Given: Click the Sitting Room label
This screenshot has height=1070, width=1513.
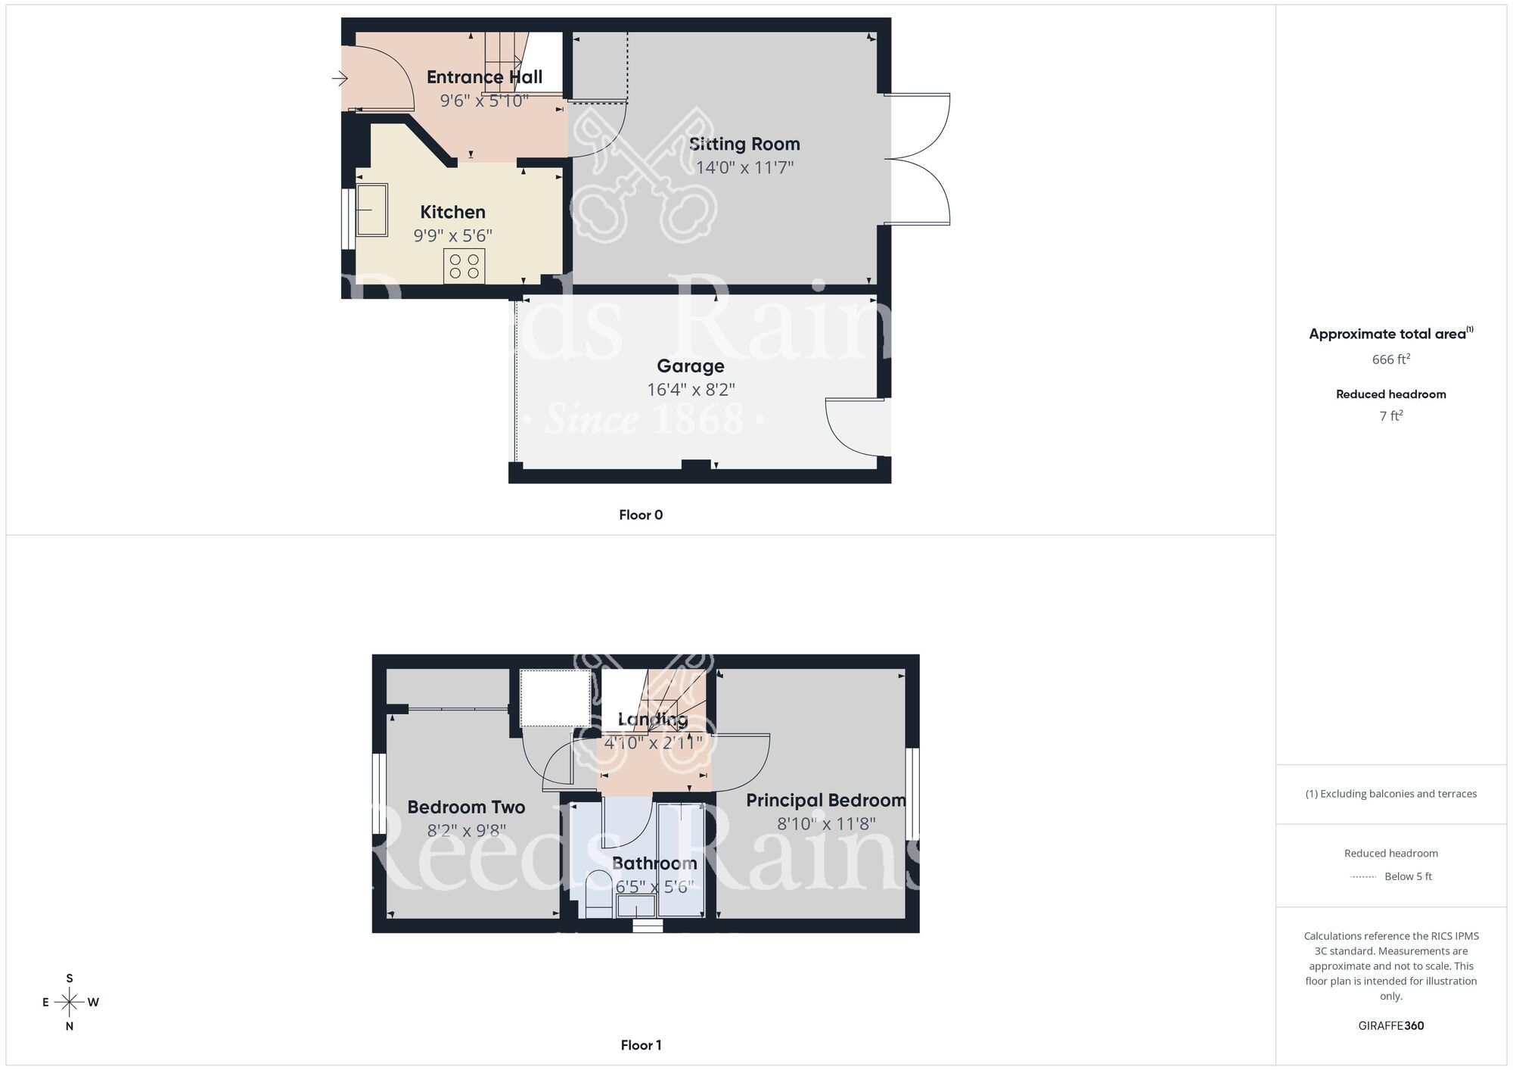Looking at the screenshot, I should point(744,144).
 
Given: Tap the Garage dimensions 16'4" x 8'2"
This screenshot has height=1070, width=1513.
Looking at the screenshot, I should point(691,390).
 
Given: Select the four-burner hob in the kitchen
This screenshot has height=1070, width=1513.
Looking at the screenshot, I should point(464,266).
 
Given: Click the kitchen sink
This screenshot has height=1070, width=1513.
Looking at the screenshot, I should point(371,210).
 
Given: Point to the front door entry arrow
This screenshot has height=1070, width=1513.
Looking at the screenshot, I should point(339,78).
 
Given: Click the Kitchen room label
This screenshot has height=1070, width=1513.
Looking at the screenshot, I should point(452,212).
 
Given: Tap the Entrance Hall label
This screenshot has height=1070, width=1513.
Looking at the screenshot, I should point(484,77).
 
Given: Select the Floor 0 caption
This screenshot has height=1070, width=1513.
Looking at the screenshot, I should point(641,515).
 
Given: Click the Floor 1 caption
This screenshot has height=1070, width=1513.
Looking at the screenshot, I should point(641,1045).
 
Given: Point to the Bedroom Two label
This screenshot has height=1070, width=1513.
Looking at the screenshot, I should point(466,807).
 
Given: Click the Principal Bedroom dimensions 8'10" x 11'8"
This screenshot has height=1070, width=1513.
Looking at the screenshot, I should point(826,824).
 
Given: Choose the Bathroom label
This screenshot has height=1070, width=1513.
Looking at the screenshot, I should point(654,863).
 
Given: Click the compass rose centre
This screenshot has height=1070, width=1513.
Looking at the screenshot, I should point(70,1003).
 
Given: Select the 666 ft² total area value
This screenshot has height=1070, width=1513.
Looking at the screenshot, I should point(1390,359).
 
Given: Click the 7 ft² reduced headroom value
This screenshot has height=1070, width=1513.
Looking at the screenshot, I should point(1390,416).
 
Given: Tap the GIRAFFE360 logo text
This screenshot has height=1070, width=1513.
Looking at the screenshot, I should point(1390,1026).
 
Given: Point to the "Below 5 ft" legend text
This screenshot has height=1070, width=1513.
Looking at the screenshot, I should point(1408,877).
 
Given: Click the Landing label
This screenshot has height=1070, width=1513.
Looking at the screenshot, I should point(653,719).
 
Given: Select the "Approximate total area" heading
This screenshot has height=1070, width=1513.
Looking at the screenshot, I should point(1387,334).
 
